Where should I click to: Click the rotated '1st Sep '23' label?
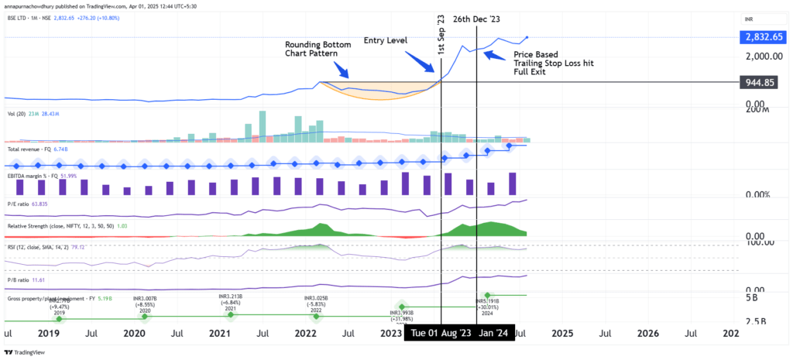click(441, 34)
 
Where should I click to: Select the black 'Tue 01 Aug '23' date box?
click(439, 334)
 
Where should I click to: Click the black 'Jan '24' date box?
click(493, 334)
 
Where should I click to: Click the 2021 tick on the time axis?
click(220, 334)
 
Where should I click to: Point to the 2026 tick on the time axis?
click(647, 334)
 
